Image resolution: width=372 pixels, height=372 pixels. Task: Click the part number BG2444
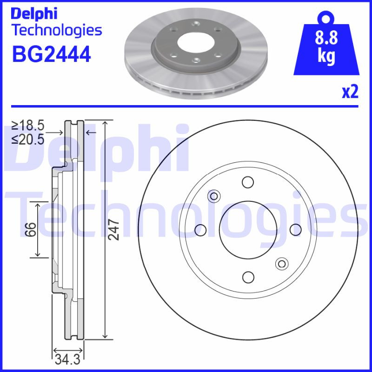51,54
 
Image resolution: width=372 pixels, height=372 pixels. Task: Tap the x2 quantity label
350,92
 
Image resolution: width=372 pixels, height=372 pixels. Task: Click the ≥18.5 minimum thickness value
28,126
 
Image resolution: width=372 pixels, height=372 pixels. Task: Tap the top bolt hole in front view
248,182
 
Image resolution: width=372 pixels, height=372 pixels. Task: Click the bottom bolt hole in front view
248,277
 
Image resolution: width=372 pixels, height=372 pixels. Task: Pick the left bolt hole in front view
200,229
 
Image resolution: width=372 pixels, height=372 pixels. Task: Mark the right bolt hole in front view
296,229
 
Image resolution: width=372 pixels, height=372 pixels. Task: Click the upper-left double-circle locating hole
214,196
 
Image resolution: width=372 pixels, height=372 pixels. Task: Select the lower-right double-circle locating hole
281,264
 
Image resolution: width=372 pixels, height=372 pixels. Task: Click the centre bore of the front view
248,229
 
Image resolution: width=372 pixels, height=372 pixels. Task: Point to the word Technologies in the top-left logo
56,31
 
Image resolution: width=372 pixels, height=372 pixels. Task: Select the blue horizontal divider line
186,106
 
